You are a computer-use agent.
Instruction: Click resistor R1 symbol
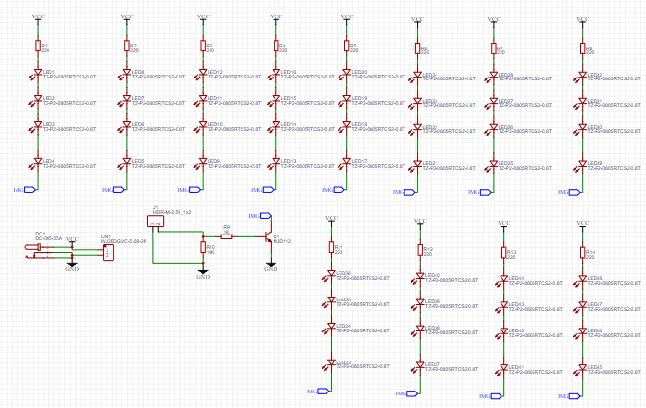pos(37,47)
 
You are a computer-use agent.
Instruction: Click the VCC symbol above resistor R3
pos(203,18)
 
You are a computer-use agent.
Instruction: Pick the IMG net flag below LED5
pos(109,190)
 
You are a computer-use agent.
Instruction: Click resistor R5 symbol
pos(346,47)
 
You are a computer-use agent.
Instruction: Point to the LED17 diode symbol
pos(346,162)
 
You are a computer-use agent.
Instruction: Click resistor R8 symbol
pos(583,48)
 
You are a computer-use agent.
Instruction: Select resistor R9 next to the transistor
pos(226,235)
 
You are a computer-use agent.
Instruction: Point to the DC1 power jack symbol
pos(36,251)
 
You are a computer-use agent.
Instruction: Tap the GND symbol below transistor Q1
pos(271,268)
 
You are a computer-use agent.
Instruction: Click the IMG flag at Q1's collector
pos(256,215)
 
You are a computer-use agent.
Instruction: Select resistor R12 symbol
pos(420,250)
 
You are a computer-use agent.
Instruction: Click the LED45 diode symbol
pos(583,368)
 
